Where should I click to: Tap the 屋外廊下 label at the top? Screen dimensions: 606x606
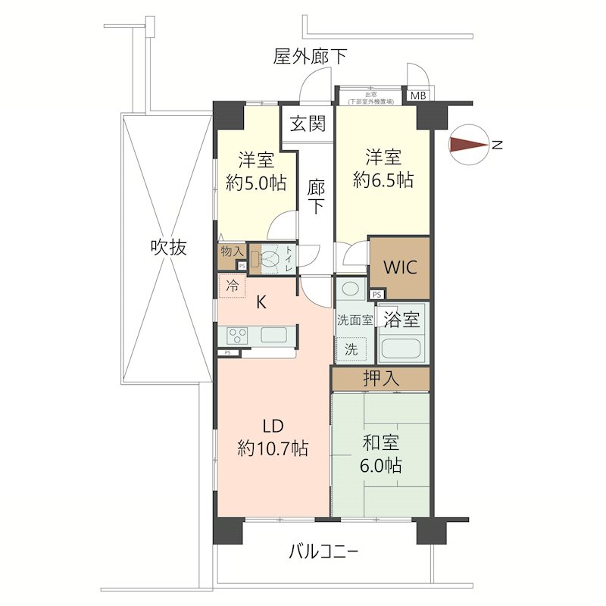(x=311, y=56)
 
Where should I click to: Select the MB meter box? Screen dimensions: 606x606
(x=418, y=95)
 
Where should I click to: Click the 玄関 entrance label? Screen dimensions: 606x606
(x=308, y=123)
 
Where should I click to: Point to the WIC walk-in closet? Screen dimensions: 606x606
(x=398, y=268)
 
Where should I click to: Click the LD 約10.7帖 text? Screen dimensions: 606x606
(x=273, y=437)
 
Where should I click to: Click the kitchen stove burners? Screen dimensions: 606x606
(x=235, y=334)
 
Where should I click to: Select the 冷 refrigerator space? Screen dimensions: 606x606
(x=233, y=286)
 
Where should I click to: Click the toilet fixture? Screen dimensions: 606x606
(x=270, y=259)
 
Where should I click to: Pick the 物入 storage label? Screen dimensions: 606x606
(x=232, y=251)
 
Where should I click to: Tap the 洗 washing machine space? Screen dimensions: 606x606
(x=351, y=350)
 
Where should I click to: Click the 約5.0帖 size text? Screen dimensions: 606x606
(x=256, y=183)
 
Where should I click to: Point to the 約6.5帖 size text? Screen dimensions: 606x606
(x=383, y=180)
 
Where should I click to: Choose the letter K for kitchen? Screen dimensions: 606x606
(x=261, y=302)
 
